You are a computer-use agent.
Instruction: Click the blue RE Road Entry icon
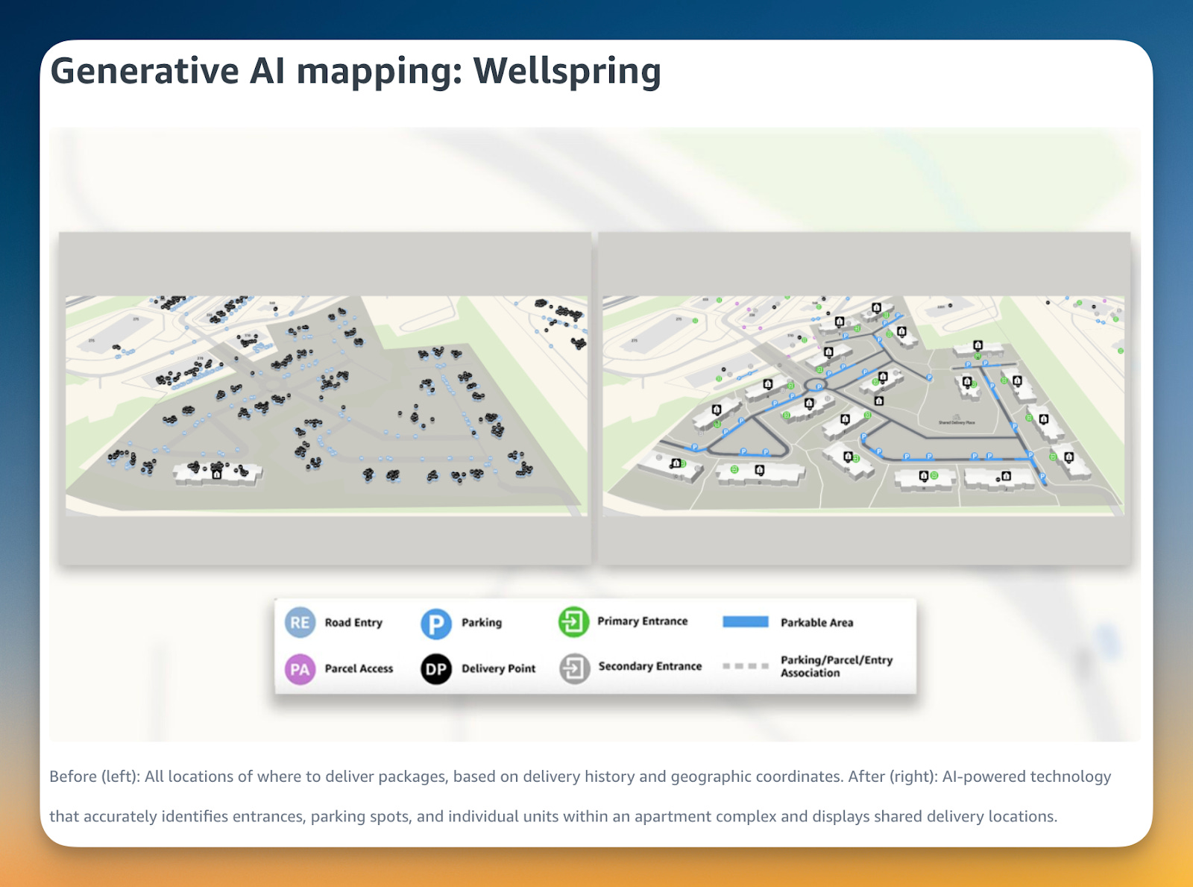300,622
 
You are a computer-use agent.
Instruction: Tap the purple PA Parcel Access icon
300,669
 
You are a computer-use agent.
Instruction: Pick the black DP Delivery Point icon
436,669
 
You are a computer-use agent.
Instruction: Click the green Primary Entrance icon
573,621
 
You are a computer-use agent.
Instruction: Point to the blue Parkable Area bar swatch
745,622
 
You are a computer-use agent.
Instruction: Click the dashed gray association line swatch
745,666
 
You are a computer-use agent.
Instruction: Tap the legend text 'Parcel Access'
359,668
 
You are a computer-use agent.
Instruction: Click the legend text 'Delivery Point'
498,668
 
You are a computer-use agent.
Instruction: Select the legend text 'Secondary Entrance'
649,666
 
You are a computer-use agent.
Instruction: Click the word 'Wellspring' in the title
567,72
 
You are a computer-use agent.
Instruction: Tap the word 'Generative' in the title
144,72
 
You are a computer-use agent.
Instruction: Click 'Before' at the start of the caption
72,777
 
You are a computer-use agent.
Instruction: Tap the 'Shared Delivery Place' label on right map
957,422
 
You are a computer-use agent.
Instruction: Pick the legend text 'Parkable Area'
816,623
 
